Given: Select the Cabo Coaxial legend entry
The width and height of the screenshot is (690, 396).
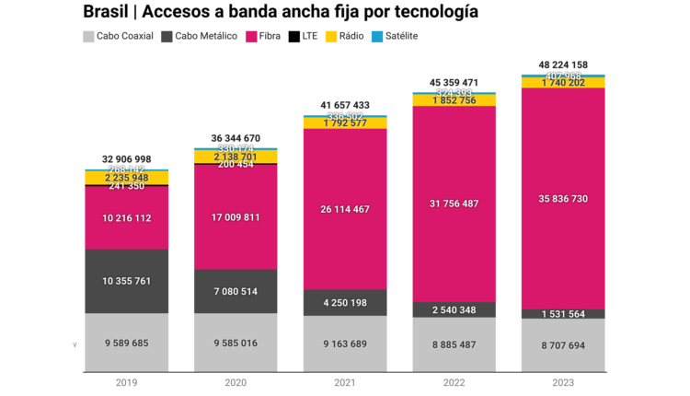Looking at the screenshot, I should point(119,36).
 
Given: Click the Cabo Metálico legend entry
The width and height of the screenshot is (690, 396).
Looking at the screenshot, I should point(200,36).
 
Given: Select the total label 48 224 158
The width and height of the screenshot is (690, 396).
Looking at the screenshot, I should point(563,65).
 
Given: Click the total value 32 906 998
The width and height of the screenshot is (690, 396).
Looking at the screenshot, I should point(127,158).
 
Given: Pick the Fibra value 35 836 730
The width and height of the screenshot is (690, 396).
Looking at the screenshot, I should point(563,198).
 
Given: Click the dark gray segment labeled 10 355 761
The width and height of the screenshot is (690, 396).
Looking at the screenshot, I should point(127,281).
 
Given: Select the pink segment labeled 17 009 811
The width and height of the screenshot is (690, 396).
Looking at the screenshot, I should point(236,217).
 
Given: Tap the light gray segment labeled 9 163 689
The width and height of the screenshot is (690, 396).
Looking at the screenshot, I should point(345,344).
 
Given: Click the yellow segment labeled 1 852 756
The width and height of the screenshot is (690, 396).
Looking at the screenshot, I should point(454,100).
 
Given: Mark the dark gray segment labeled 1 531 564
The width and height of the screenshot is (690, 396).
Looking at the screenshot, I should point(563,314).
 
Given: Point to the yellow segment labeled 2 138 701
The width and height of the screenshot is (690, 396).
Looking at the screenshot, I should point(236,157).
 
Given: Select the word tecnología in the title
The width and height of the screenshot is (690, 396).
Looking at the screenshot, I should point(425,12).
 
